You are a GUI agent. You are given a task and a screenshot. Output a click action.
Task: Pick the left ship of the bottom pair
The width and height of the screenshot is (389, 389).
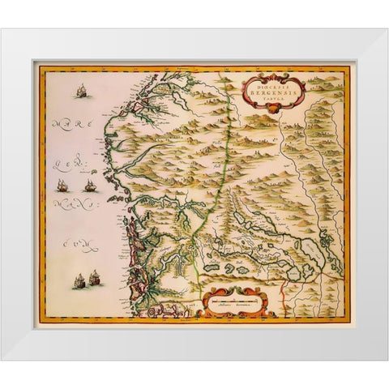[79, 282]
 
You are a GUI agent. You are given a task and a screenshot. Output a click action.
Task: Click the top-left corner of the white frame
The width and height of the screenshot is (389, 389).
[2, 30]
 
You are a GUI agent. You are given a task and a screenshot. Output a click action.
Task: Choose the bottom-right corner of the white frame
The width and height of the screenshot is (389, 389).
[387, 359]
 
